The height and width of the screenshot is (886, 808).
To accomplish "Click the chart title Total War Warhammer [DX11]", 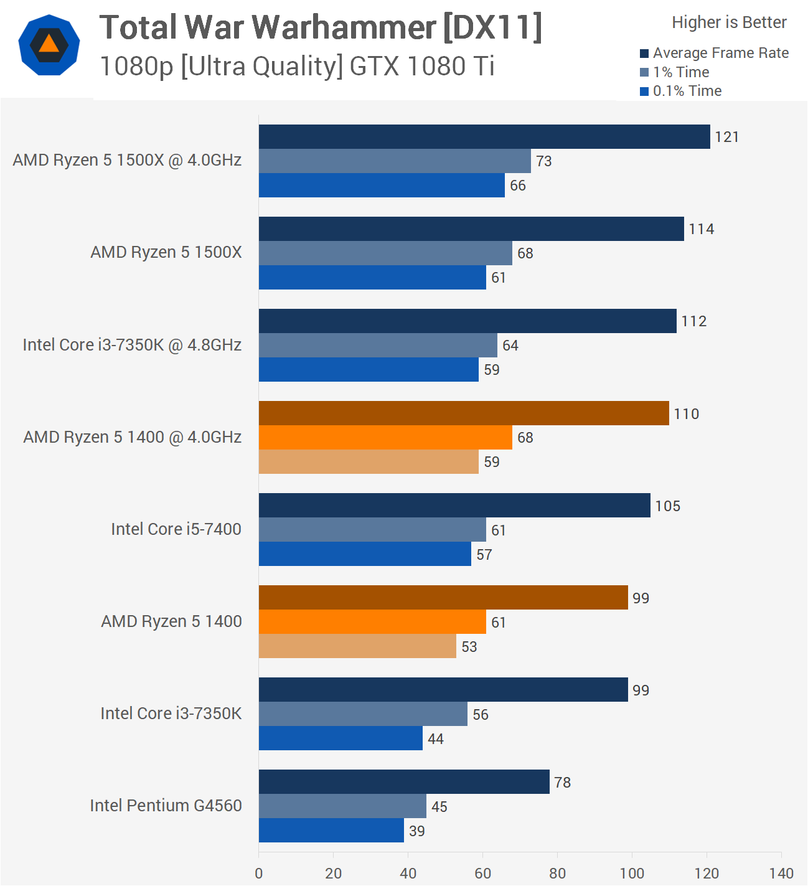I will pyautogui.click(x=321, y=27).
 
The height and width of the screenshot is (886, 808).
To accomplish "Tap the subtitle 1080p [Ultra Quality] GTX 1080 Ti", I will pyautogui.click(x=297, y=66).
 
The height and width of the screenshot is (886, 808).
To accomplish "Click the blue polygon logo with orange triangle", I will pyautogui.click(x=49, y=45).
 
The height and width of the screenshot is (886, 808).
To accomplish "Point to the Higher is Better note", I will pyautogui.click(x=729, y=22).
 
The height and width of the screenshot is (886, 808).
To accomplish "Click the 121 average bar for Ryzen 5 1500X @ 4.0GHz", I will pyautogui.click(x=484, y=136).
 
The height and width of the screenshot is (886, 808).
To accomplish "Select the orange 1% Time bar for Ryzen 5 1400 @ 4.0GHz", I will pyautogui.click(x=385, y=437).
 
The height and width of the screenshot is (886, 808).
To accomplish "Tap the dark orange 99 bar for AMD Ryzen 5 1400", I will pyautogui.click(x=443, y=597).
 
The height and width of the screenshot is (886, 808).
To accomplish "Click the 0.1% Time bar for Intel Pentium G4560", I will pyautogui.click(x=331, y=830).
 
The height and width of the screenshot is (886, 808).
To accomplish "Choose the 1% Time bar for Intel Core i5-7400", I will pyautogui.click(x=372, y=529).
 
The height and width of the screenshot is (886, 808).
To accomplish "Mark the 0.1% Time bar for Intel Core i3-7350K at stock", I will pyautogui.click(x=341, y=738).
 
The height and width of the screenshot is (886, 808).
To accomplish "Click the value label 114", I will pyautogui.click(x=701, y=229).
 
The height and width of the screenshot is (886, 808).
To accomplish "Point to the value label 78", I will pyautogui.click(x=562, y=782).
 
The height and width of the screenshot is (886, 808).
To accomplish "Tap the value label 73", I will pyautogui.click(x=543, y=161).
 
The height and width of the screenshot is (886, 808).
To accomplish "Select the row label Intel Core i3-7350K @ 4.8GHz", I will pyautogui.click(x=132, y=345).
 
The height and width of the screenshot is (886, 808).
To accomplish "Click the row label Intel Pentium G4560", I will pyautogui.click(x=166, y=806).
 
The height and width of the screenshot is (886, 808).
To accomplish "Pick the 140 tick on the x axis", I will pyautogui.click(x=781, y=873).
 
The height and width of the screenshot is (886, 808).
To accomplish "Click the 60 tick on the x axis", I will pyautogui.click(x=482, y=873).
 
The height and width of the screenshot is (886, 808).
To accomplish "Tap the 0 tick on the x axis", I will pyautogui.click(x=259, y=873).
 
